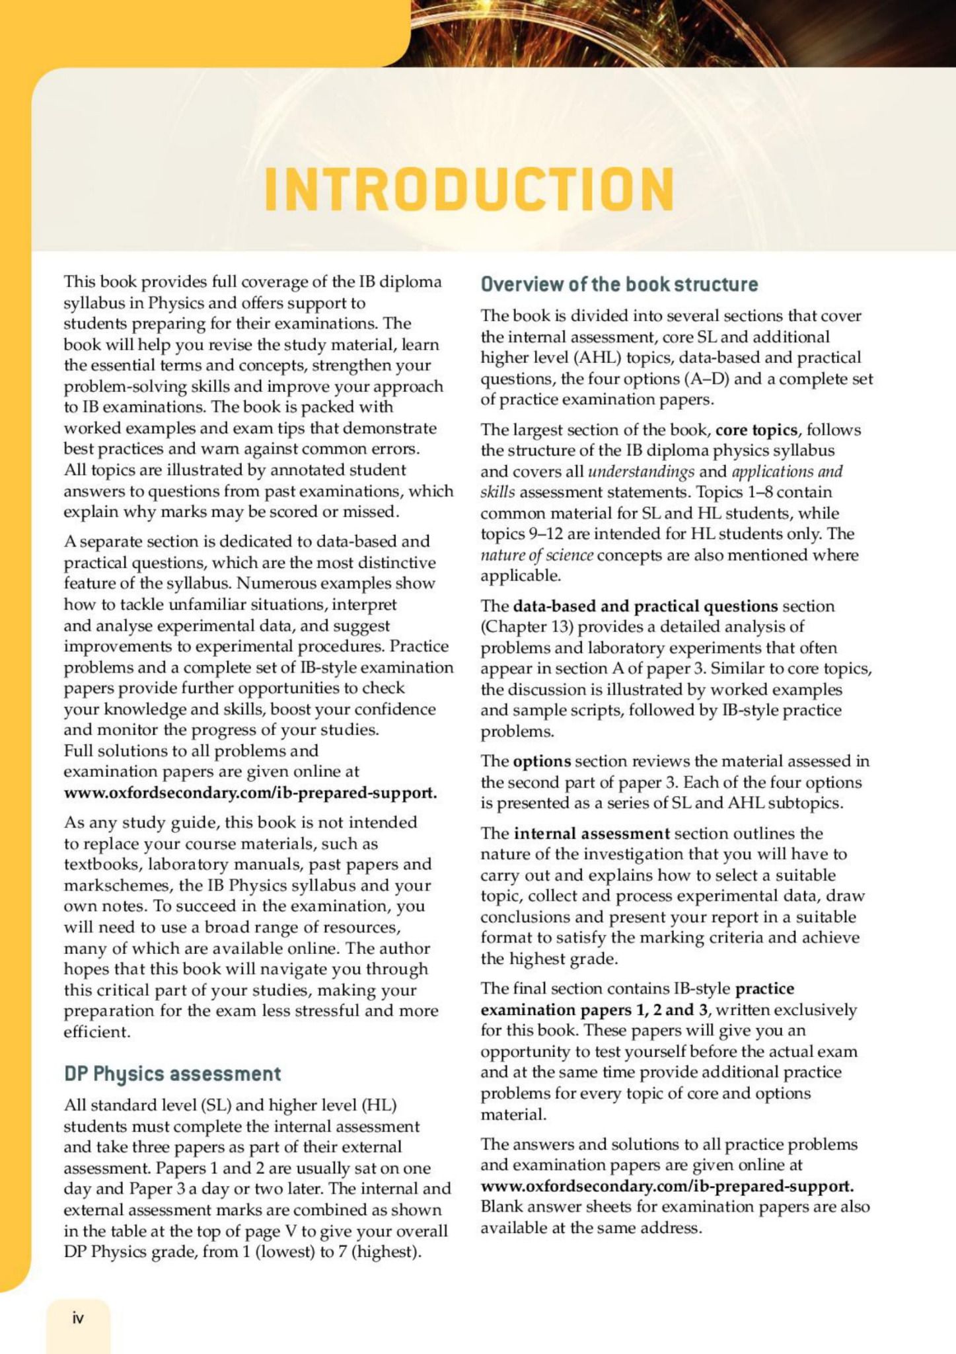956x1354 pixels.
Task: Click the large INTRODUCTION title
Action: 469,189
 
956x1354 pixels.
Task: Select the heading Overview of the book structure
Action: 619,284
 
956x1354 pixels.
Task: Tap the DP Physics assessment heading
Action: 172,1073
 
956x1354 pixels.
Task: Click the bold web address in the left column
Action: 250,792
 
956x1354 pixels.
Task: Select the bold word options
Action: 542,761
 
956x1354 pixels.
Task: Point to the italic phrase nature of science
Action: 536,555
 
